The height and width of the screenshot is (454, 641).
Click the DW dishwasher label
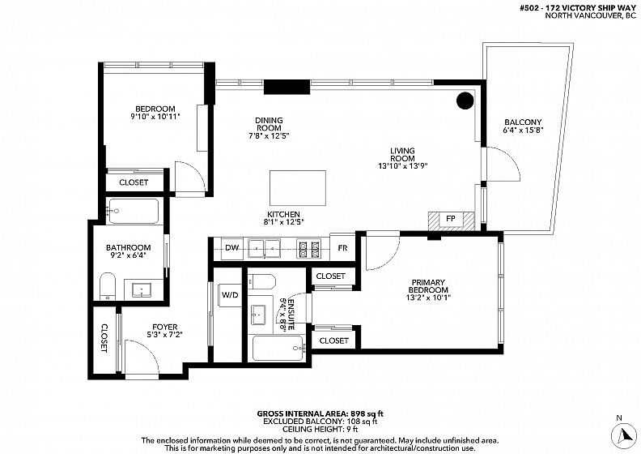click(x=231, y=248)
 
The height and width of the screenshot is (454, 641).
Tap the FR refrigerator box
click(x=342, y=248)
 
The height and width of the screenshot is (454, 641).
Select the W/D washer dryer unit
click(x=231, y=295)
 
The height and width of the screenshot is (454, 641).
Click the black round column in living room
click(x=465, y=101)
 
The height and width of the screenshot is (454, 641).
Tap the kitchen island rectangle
click(x=298, y=188)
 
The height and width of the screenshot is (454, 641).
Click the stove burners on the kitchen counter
click(x=308, y=250)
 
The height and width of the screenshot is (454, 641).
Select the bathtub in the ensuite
click(x=278, y=349)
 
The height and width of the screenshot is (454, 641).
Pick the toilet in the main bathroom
click(x=108, y=285)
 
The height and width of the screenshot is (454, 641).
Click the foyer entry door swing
click(x=142, y=356)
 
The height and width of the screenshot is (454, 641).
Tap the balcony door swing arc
click(x=503, y=164)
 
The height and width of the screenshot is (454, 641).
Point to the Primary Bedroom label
click(x=428, y=286)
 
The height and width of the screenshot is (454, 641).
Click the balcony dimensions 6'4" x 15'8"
click(x=523, y=131)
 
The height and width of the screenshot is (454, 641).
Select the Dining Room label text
click(x=269, y=124)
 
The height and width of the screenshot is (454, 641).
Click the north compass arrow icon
click(x=624, y=435)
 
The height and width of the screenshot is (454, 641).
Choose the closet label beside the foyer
click(x=104, y=338)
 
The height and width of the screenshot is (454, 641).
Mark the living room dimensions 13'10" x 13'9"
click(x=403, y=166)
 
